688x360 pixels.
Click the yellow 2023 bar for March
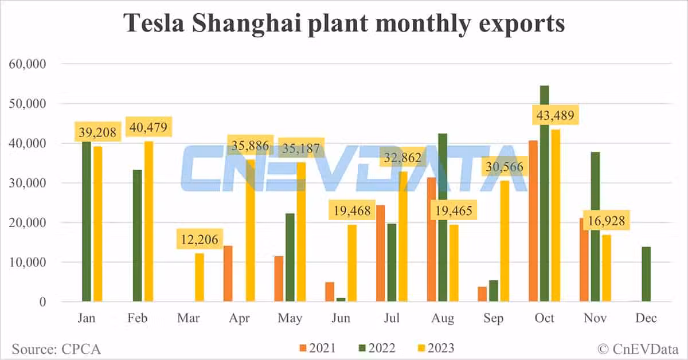coord(200,277)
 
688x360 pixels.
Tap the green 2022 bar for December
coord(646,274)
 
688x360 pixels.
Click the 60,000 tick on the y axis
coord(29,64)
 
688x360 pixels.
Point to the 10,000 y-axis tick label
coord(29,263)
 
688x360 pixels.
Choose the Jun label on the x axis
coord(341,319)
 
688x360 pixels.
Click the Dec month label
coord(646,319)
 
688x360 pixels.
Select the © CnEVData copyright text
coord(638,348)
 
